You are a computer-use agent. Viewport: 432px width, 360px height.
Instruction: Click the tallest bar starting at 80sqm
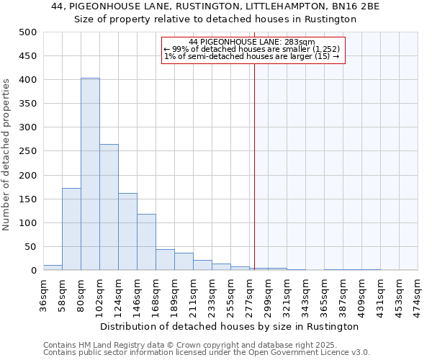[90, 174]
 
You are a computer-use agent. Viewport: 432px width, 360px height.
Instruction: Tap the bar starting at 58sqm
[71, 229]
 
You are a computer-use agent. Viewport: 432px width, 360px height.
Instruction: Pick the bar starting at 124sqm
[127, 232]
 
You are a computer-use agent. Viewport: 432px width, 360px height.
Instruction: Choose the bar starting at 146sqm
[146, 242]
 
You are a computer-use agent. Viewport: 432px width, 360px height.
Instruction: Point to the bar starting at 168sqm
[165, 260]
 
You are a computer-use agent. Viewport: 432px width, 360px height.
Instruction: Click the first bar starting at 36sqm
[53, 268]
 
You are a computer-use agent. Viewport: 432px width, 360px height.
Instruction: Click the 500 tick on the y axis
[28, 32]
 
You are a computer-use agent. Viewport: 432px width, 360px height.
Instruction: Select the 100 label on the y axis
[28, 223]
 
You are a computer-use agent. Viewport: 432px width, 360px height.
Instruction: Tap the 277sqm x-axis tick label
[249, 293]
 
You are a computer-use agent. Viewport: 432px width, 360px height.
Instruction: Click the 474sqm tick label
[418, 293]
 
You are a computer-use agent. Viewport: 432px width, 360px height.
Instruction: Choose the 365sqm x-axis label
[324, 293]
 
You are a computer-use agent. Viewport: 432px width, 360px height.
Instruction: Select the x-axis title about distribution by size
[229, 326]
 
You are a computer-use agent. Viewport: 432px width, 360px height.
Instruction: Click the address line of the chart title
[215, 6]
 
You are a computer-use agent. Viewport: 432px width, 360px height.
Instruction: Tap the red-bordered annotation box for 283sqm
[253, 50]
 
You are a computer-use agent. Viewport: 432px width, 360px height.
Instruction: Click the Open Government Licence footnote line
[207, 352]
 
